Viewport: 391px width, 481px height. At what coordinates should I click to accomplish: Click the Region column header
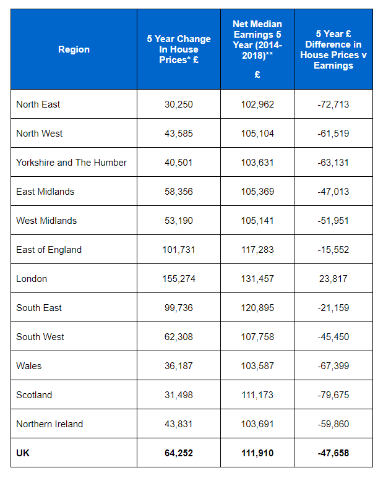point(74,49)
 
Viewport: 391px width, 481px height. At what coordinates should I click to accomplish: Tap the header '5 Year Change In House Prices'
point(179,49)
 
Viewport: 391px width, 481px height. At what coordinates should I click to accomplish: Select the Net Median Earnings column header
point(257,49)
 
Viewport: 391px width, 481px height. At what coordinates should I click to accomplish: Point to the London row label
point(32,279)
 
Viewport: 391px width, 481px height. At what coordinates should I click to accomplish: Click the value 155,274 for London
point(179,279)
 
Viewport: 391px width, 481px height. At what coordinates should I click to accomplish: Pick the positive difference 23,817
point(333,279)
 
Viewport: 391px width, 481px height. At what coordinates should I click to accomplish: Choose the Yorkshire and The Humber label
point(71,163)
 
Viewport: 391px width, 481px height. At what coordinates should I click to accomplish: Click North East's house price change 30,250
point(179,104)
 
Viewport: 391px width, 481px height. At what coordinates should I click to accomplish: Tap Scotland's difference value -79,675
point(333,395)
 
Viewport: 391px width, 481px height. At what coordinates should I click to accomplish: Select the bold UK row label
point(23,453)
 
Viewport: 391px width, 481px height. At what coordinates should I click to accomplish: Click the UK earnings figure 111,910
point(257,453)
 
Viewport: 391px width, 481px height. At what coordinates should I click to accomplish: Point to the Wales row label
point(29,366)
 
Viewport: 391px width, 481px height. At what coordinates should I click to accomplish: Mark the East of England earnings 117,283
point(257,250)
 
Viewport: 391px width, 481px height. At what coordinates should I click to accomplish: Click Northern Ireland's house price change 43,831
point(179,424)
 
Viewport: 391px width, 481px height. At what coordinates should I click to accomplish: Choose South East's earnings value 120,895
point(257,308)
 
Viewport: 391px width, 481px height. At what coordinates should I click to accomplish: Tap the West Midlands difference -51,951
point(333,221)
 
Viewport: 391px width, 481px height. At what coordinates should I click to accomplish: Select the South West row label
point(40,337)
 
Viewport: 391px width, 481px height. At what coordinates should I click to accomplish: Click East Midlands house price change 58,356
point(179,192)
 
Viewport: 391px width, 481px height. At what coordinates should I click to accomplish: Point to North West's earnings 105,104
point(257,134)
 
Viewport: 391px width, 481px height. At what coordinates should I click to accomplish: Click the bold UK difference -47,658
point(333,453)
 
